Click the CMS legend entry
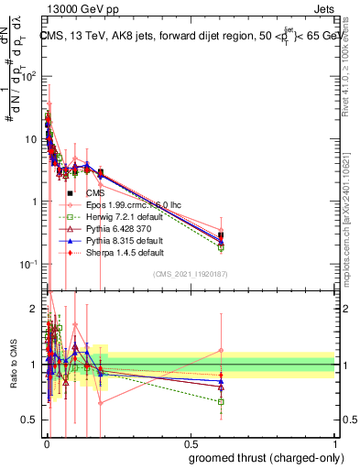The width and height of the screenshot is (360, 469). [x=95, y=193]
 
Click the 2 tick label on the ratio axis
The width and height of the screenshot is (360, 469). [x=32, y=307]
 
